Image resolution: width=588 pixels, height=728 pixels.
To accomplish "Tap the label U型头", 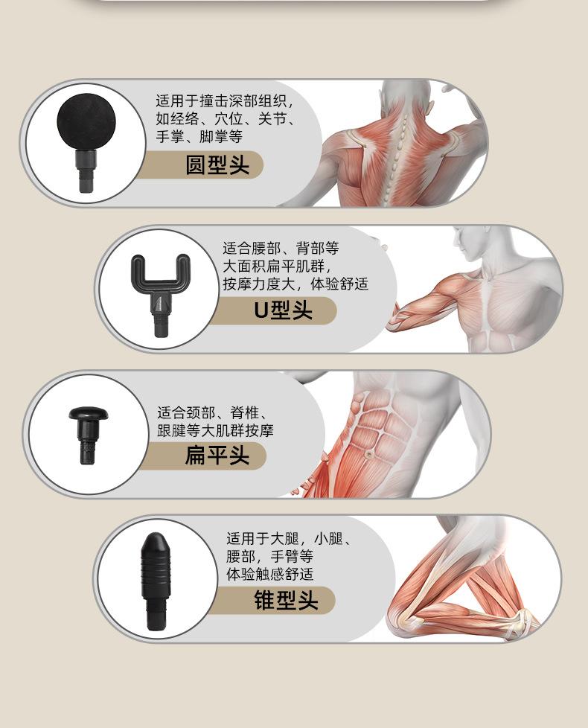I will [283, 310].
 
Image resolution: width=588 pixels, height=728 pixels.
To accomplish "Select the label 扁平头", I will [217, 454].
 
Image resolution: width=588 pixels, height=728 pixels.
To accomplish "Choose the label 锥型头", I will [286, 600].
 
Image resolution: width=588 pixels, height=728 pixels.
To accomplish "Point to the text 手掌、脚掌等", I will [199, 137].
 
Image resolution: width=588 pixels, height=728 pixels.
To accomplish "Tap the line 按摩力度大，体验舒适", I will [295, 284].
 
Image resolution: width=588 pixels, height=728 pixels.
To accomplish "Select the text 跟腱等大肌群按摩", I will [216, 430].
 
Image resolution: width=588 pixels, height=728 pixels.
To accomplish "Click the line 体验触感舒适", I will [270, 575].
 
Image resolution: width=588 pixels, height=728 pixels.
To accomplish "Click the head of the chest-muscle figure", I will [476, 246].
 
